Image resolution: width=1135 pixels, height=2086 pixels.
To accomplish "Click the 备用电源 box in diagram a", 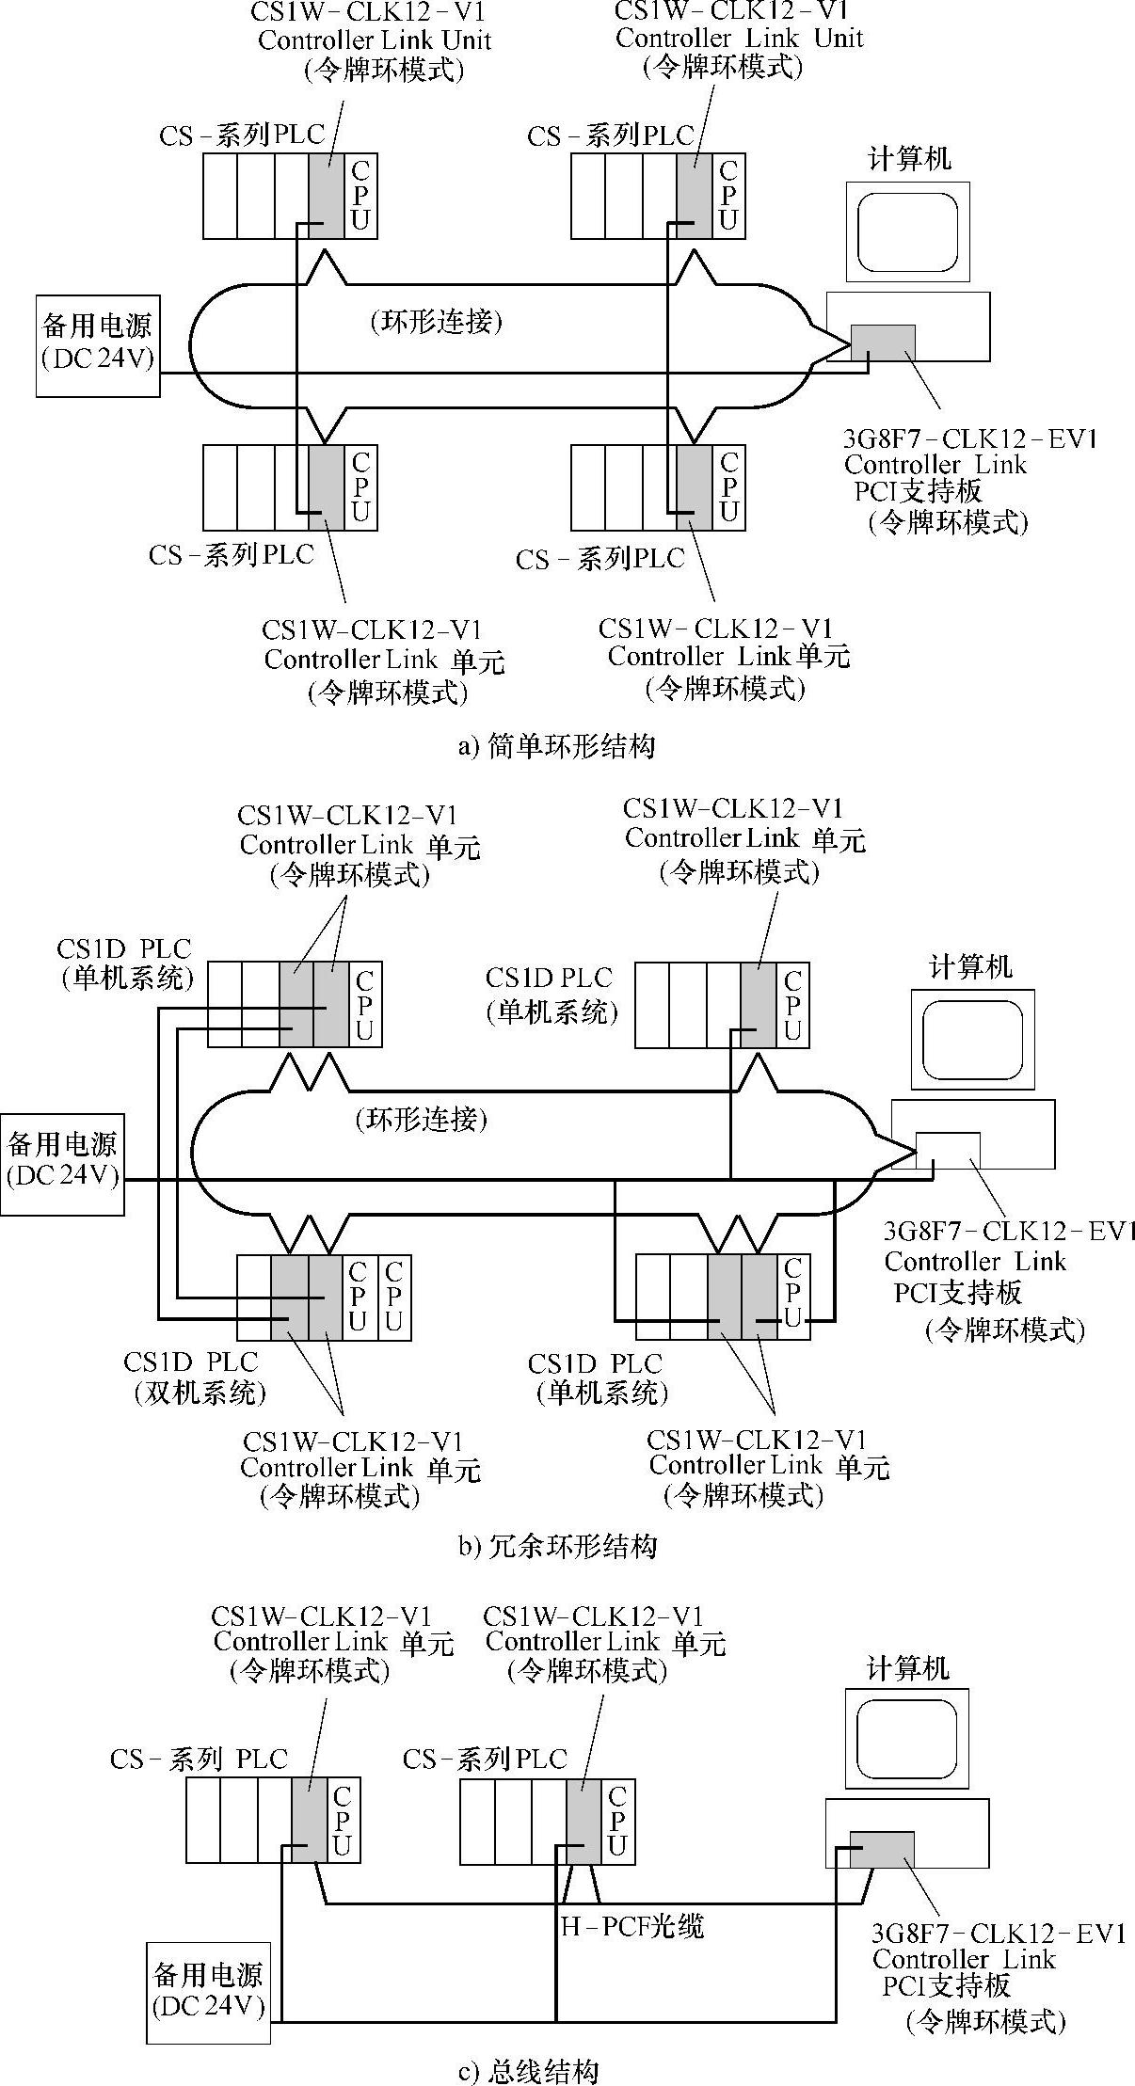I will [98, 345].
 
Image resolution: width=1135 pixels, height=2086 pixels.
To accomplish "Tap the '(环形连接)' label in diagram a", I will [436, 322].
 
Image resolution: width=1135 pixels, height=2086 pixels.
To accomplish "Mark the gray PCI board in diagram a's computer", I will [883, 342].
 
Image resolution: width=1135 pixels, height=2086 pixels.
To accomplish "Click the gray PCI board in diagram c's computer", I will [882, 1850].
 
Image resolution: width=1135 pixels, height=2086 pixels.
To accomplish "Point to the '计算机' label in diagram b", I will [970, 967].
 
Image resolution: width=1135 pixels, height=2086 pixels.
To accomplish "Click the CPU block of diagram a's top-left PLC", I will [360, 196].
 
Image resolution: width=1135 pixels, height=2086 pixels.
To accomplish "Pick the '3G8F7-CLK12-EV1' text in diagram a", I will [970, 439].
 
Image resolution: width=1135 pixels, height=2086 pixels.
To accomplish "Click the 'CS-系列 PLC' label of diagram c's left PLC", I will [199, 1759].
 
